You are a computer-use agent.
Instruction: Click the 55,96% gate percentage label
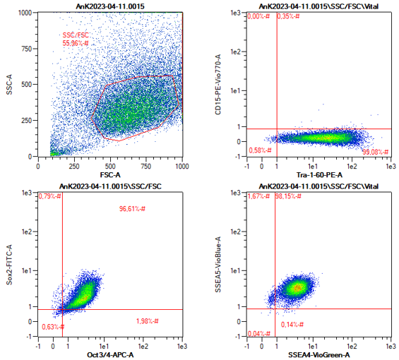pyautogui.click(x=76, y=43)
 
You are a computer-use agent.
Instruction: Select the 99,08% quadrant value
pyautogui.click(x=375, y=152)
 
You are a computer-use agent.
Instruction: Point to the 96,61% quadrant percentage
pyautogui.click(x=132, y=209)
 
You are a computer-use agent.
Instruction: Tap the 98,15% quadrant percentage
pyautogui.click(x=288, y=196)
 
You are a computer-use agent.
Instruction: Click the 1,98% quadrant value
pyautogui.click(x=148, y=321)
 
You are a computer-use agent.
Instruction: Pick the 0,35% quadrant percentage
pyautogui.click(x=288, y=16)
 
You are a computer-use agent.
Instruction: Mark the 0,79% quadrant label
pyautogui.click(x=50, y=196)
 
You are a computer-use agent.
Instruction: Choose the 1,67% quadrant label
pyautogui.click(x=258, y=196)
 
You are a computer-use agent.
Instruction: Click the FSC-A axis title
pyautogui.click(x=110, y=175)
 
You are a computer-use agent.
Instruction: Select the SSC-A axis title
pyautogui.click(x=9, y=85)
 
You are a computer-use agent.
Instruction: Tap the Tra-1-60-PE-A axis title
pyautogui.click(x=319, y=175)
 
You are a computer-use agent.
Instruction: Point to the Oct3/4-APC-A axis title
pyautogui.click(x=110, y=354)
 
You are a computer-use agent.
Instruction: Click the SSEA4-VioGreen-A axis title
pyautogui.click(x=319, y=354)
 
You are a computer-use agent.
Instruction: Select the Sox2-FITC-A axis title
pyautogui.click(x=9, y=265)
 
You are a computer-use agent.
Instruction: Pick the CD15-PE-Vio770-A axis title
pyautogui.click(x=218, y=85)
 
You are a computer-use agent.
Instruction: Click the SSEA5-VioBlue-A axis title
pyautogui.click(x=218, y=265)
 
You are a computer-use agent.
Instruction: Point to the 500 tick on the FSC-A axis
pyautogui.click(x=110, y=167)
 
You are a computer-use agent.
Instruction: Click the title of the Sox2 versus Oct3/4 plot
pyautogui.click(x=110, y=186)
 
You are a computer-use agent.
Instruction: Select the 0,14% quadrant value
pyautogui.click(x=292, y=325)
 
